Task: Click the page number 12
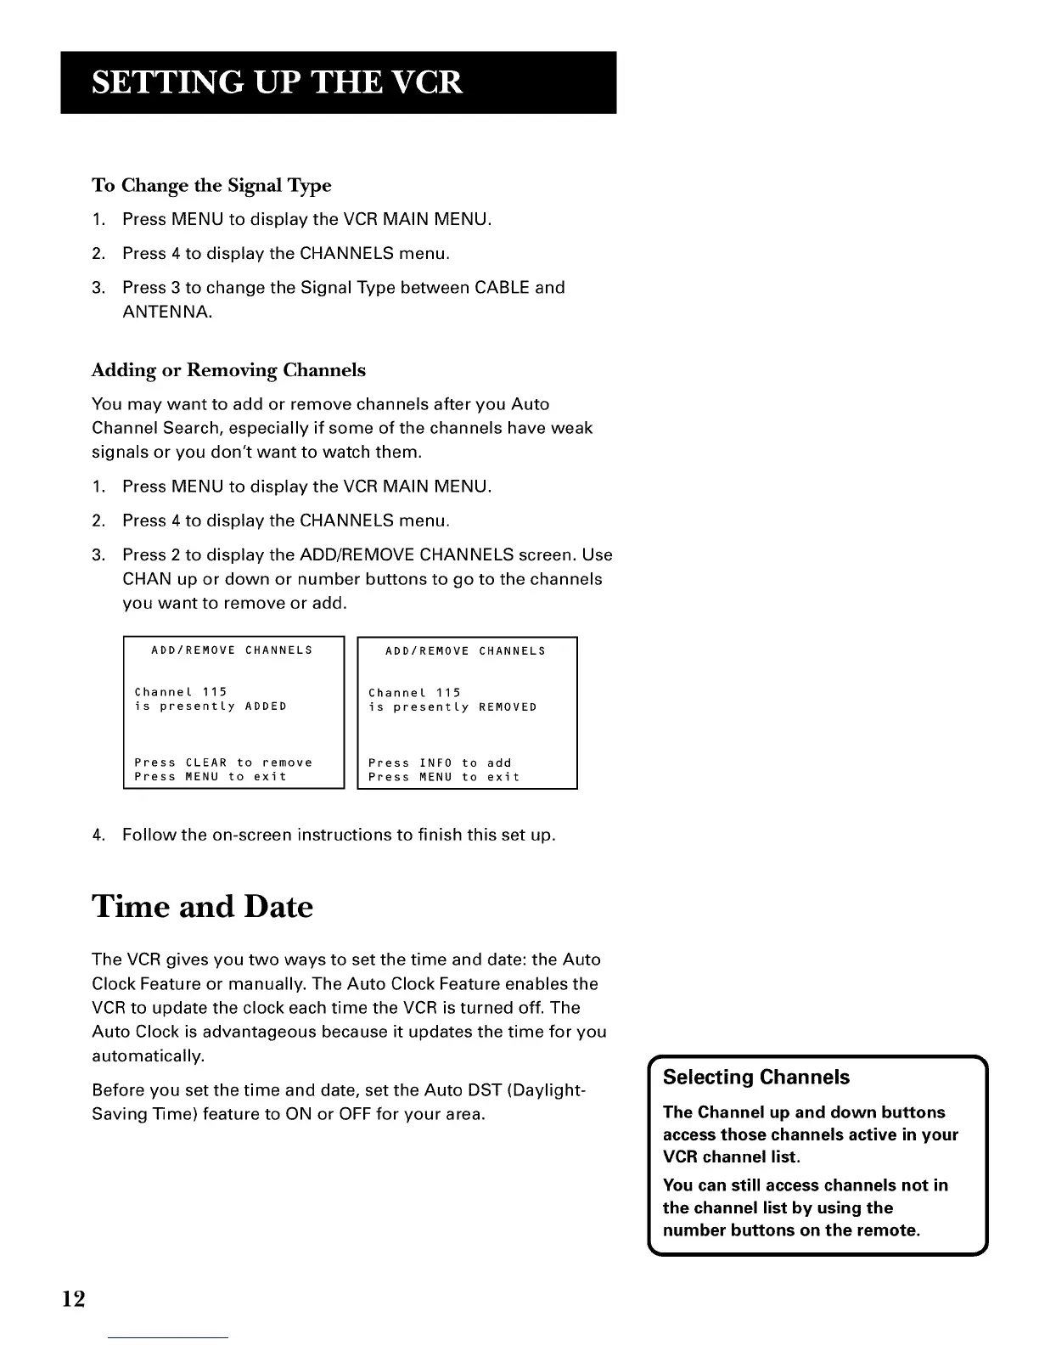(x=73, y=1298)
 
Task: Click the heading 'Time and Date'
(x=202, y=907)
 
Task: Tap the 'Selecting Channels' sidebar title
(x=755, y=1078)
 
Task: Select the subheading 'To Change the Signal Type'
(x=211, y=185)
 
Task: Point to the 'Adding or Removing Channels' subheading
(x=228, y=370)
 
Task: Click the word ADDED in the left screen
(x=266, y=706)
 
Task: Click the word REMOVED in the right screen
(x=508, y=707)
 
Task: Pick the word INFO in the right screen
(x=435, y=763)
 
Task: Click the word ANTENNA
(x=167, y=312)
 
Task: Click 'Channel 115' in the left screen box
(x=181, y=692)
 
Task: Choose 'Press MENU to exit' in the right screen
(x=444, y=777)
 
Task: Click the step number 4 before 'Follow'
(x=97, y=835)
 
